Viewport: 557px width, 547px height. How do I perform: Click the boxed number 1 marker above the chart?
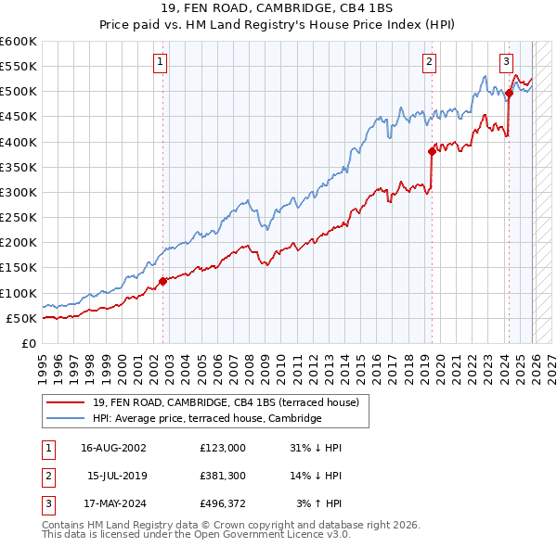coord(160,62)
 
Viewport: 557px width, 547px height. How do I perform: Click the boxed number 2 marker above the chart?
coord(430,62)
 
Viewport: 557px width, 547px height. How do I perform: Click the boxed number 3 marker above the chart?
coord(507,62)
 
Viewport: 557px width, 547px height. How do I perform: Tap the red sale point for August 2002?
coord(162,281)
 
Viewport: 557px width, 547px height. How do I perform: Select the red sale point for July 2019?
coord(432,151)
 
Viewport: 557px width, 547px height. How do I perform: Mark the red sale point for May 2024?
coord(509,93)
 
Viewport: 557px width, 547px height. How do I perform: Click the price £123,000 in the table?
coord(222,448)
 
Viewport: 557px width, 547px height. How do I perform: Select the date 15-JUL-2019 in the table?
coord(118,477)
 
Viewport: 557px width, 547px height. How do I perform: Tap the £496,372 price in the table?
coord(222,505)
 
